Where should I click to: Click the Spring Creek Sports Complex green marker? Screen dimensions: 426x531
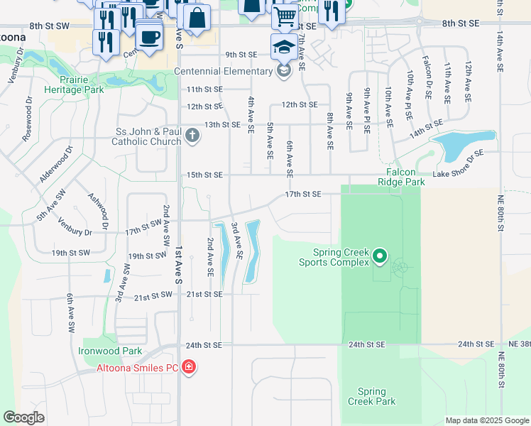click(x=380, y=256)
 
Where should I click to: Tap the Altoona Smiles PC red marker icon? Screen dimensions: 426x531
click(x=189, y=367)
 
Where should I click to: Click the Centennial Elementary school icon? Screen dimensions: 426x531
click(x=284, y=71)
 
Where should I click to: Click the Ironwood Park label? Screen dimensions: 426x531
click(x=110, y=351)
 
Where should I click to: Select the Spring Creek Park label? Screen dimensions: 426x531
click(x=371, y=396)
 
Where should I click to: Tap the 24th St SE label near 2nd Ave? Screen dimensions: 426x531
click(x=204, y=345)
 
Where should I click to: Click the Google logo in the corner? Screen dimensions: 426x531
click(x=23, y=417)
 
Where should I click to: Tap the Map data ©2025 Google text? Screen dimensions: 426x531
click(x=487, y=420)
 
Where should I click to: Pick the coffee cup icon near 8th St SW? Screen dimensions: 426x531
click(x=148, y=36)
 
